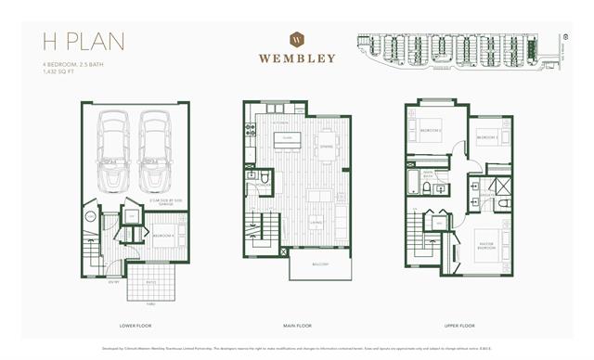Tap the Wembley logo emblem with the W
(297, 40)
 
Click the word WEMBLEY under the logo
(297, 58)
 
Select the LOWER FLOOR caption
(136, 326)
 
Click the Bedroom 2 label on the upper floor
(430, 133)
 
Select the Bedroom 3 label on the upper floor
(487, 137)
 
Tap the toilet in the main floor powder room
(265, 177)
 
